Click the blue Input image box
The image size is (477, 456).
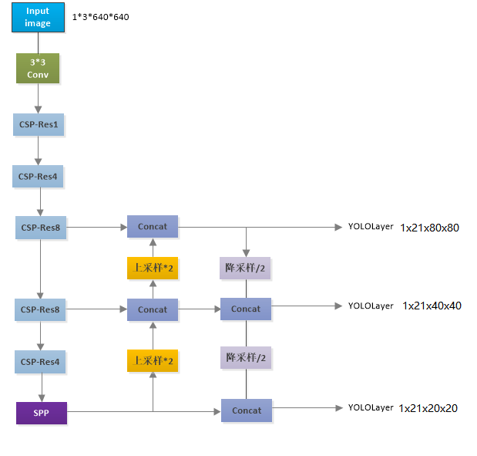pos(38,17)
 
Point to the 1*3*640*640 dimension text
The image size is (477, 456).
pos(101,16)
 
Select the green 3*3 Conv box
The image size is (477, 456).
pos(38,68)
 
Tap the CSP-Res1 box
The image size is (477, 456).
pos(39,124)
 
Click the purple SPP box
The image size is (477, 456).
pos(42,412)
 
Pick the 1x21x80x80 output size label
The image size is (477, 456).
pos(429,228)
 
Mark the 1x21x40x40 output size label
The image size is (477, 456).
pos(432,306)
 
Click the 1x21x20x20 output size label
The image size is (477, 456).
pos(428,408)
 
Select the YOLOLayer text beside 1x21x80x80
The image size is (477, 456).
pos(371,228)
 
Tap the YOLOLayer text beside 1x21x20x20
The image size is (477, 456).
pos(371,407)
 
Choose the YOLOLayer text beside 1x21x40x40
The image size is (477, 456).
pos(371,306)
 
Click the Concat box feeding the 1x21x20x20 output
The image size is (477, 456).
pos(247,410)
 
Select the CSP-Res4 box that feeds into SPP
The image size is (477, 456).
pos(39,361)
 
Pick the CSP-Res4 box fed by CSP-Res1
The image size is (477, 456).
pos(39,177)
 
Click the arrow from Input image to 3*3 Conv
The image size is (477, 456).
pos(38,42)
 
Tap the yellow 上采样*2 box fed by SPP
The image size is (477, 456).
pos(153,360)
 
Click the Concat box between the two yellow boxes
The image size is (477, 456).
pos(153,309)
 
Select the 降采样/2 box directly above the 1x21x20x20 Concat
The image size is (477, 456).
pos(246,357)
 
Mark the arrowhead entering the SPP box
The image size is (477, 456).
pos(42,397)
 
